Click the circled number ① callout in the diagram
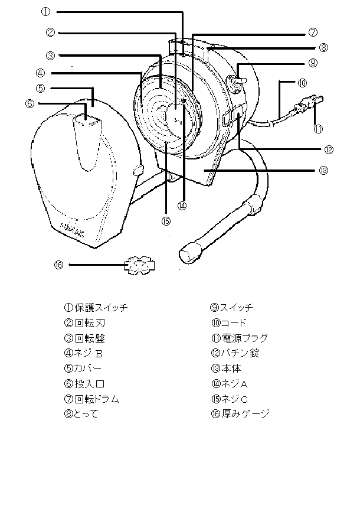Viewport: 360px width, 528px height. point(46,12)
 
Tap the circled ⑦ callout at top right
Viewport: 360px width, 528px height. point(313,32)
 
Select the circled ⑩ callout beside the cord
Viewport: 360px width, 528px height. point(303,83)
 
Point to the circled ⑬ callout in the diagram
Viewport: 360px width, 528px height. point(323,170)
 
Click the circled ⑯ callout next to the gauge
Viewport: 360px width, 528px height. point(58,265)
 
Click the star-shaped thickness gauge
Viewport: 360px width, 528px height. point(139,265)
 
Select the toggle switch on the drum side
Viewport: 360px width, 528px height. point(237,82)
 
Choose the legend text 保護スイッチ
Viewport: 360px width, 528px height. point(102,308)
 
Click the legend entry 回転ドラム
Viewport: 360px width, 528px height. point(97,399)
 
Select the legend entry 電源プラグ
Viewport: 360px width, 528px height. point(244,338)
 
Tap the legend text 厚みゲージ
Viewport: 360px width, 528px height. point(246,413)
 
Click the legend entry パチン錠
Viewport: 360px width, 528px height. point(240,353)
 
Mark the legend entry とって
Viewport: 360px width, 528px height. point(86,413)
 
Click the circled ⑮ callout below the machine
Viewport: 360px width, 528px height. point(166,221)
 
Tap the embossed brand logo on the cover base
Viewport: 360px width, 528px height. point(73,230)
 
